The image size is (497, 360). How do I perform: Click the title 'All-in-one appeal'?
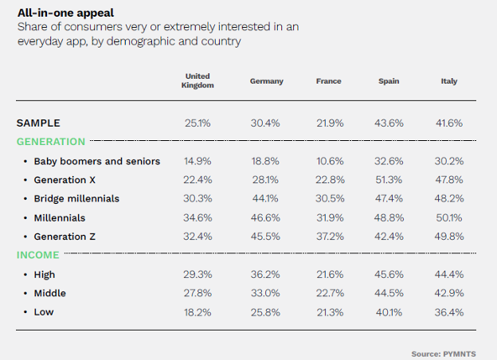(65, 13)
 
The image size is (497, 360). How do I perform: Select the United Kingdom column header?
(198, 81)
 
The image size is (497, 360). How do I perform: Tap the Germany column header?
(266, 81)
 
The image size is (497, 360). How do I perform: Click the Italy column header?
(449, 81)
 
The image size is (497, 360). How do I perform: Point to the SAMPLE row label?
(38, 123)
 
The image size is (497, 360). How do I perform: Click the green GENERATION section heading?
(51, 142)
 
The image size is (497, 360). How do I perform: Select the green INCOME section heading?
(38, 255)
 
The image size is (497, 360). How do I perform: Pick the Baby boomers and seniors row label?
(96, 161)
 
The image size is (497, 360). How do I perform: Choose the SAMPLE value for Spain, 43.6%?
(389, 123)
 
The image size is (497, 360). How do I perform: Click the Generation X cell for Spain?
(389, 180)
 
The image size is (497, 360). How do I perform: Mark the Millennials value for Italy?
(449, 217)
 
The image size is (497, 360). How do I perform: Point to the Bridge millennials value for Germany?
(266, 199)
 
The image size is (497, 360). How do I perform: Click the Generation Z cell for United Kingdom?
(198, 237)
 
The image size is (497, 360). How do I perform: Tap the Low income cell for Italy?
(449, 312)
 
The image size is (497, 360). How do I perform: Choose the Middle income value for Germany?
(266, 293)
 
